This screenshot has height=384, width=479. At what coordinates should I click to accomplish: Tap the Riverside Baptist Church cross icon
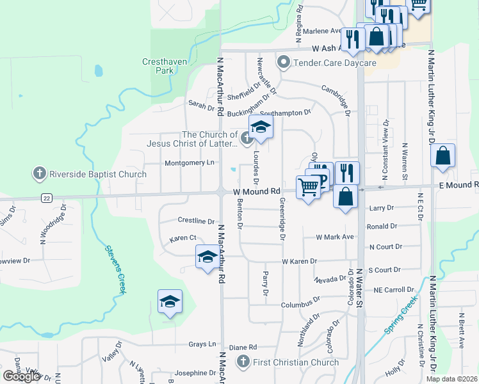point(39,173)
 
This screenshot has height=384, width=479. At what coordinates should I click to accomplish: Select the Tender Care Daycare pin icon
point(284,63)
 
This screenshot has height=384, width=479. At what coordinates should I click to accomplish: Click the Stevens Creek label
point(114,269)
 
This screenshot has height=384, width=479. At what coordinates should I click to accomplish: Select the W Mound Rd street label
point(256,191)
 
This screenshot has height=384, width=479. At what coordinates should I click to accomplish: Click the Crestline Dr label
point(196,221)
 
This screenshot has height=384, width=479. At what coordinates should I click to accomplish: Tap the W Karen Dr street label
point(300,261)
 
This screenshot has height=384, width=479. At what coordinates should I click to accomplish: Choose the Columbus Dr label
point(300,305)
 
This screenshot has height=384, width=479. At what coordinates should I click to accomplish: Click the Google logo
point(20,376)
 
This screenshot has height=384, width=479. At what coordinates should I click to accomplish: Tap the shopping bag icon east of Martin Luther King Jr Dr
point(443,156)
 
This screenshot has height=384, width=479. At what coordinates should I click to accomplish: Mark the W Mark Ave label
point(335,237)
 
